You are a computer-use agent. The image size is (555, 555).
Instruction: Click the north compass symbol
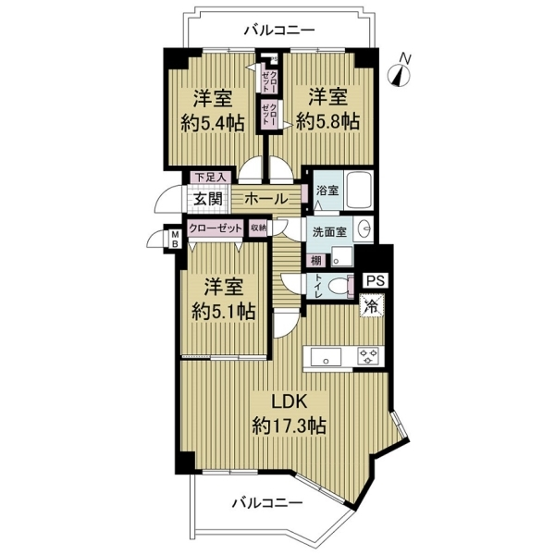click(401, 72)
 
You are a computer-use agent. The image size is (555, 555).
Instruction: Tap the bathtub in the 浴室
click(359, 191)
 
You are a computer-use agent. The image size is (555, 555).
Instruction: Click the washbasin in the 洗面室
click(364, 229)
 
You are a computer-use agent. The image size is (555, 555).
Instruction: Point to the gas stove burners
click(368, 356)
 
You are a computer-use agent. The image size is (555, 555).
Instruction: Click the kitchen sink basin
click(326, 357)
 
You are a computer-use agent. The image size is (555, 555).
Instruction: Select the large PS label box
click(376, 280)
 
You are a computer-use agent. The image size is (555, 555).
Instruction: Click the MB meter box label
click(175, 239)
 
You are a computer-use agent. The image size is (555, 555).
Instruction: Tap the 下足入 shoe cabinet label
click(211, 178)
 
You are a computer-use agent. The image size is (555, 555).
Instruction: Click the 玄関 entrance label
click(208, 199)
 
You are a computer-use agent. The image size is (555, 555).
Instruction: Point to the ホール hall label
click(266, 199)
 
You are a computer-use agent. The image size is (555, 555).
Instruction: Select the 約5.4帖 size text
click(213, 124)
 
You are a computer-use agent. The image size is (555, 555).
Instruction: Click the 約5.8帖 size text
click(327, 122)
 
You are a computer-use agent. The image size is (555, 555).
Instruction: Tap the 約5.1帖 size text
click(223, 311)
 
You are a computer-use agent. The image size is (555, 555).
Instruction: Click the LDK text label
click(289, 402)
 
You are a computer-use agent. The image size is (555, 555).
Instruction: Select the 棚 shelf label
click(315, 261)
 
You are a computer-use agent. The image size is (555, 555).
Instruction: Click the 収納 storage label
click(258, 228)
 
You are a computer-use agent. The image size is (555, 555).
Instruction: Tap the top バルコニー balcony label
click(279, 31)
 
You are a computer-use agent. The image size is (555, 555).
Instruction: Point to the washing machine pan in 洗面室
click(342, 256)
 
